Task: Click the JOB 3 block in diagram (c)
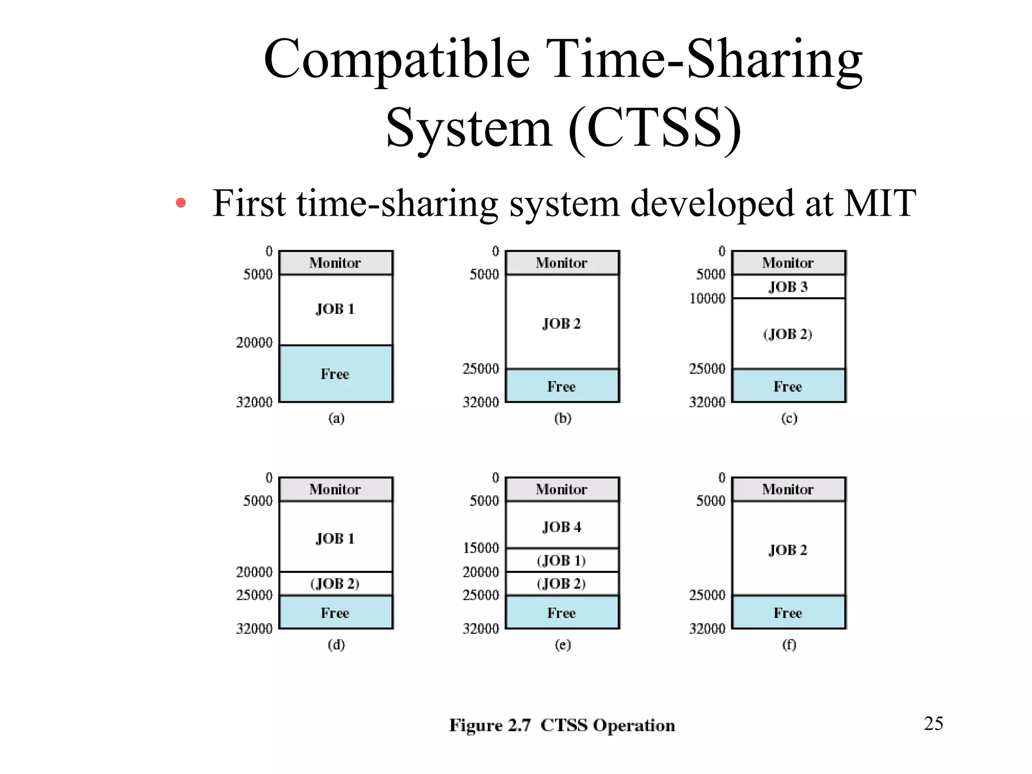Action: (788, 287)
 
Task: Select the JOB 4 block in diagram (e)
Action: (562, 526)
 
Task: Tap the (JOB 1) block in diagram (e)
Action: (562, 560)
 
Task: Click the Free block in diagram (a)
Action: (336, 374)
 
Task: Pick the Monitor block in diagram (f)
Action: (788, 489)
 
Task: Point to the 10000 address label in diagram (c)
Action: (707, 298)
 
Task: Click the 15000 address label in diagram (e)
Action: (481, 548)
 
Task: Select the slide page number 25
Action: (933, 724)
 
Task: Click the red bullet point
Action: (181, 204)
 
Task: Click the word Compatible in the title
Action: (397, 59)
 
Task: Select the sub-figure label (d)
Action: (336, 644)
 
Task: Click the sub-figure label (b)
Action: (562, 418)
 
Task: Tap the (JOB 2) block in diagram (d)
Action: (336, 584)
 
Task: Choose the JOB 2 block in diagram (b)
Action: (562, 322)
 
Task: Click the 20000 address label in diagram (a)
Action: (254, 343)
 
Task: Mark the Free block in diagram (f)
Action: (788, 613)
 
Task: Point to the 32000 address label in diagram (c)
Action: (707, 402)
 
